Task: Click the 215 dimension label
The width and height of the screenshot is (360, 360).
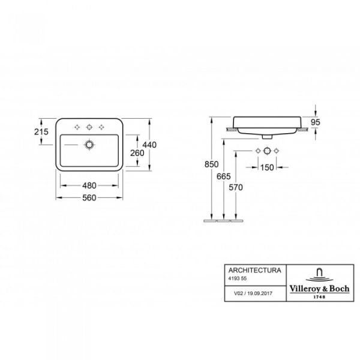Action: [41, 131]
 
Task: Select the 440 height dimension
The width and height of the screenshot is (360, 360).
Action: [149, 145]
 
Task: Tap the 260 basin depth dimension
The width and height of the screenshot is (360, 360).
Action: [137, 153]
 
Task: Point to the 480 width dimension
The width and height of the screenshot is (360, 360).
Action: [89, 185]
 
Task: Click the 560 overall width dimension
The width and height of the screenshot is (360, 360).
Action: [89, 197]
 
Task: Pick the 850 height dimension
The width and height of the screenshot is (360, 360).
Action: [211, 164]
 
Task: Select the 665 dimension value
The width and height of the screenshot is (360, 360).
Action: [224, 176]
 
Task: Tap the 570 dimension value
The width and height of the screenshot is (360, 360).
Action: [236, 188]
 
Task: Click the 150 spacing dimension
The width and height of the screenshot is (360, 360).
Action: [267, 167]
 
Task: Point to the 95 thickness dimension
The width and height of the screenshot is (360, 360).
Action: [315, 122]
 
